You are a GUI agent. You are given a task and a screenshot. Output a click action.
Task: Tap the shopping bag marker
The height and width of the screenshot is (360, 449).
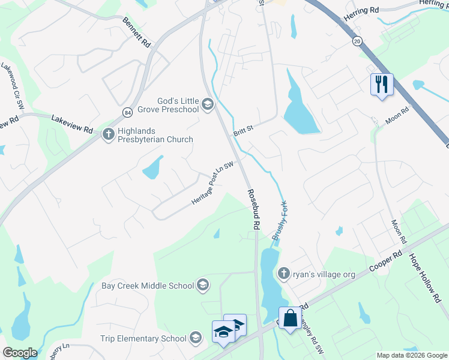click(290, 319)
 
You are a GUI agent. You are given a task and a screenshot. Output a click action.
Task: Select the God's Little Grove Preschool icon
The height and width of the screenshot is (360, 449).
click(208, 105)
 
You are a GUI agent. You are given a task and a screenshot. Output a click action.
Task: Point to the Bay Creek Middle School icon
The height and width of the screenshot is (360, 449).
click(203, 286)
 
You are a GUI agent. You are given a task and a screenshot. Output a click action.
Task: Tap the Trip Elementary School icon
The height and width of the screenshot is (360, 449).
click(195, 338)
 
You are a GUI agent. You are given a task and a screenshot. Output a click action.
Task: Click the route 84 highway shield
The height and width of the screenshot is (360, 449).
click(127, 112)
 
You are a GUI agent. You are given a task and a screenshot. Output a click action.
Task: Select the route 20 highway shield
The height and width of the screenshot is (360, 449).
click(358, 41)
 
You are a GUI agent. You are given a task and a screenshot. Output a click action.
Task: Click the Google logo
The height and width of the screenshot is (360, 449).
click(19, 353)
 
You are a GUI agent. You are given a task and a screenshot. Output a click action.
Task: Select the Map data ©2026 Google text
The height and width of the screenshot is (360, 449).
click(411, 355)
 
